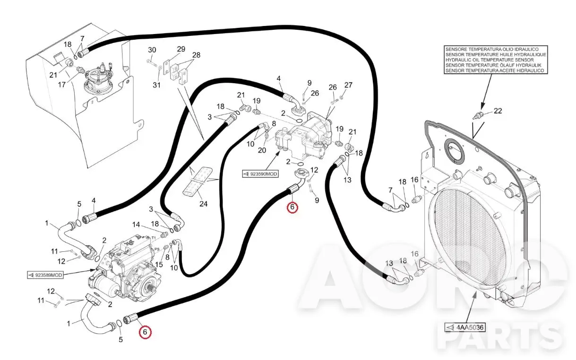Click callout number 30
click(152, 50)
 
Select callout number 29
click(181, 49)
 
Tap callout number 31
click(156, 85)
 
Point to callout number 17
click(62, 85)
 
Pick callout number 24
click(203, 204)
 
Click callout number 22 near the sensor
click(498, 111)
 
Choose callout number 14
click(136, 225)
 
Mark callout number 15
click(159, 265)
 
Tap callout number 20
click(262, 150)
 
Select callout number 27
click(348, 85)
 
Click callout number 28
click(196, 55)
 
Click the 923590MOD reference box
click(260, 174)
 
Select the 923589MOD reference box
click(45, 275)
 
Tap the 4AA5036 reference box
click(465, 327)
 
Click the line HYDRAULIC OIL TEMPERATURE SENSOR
click(490, 60)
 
